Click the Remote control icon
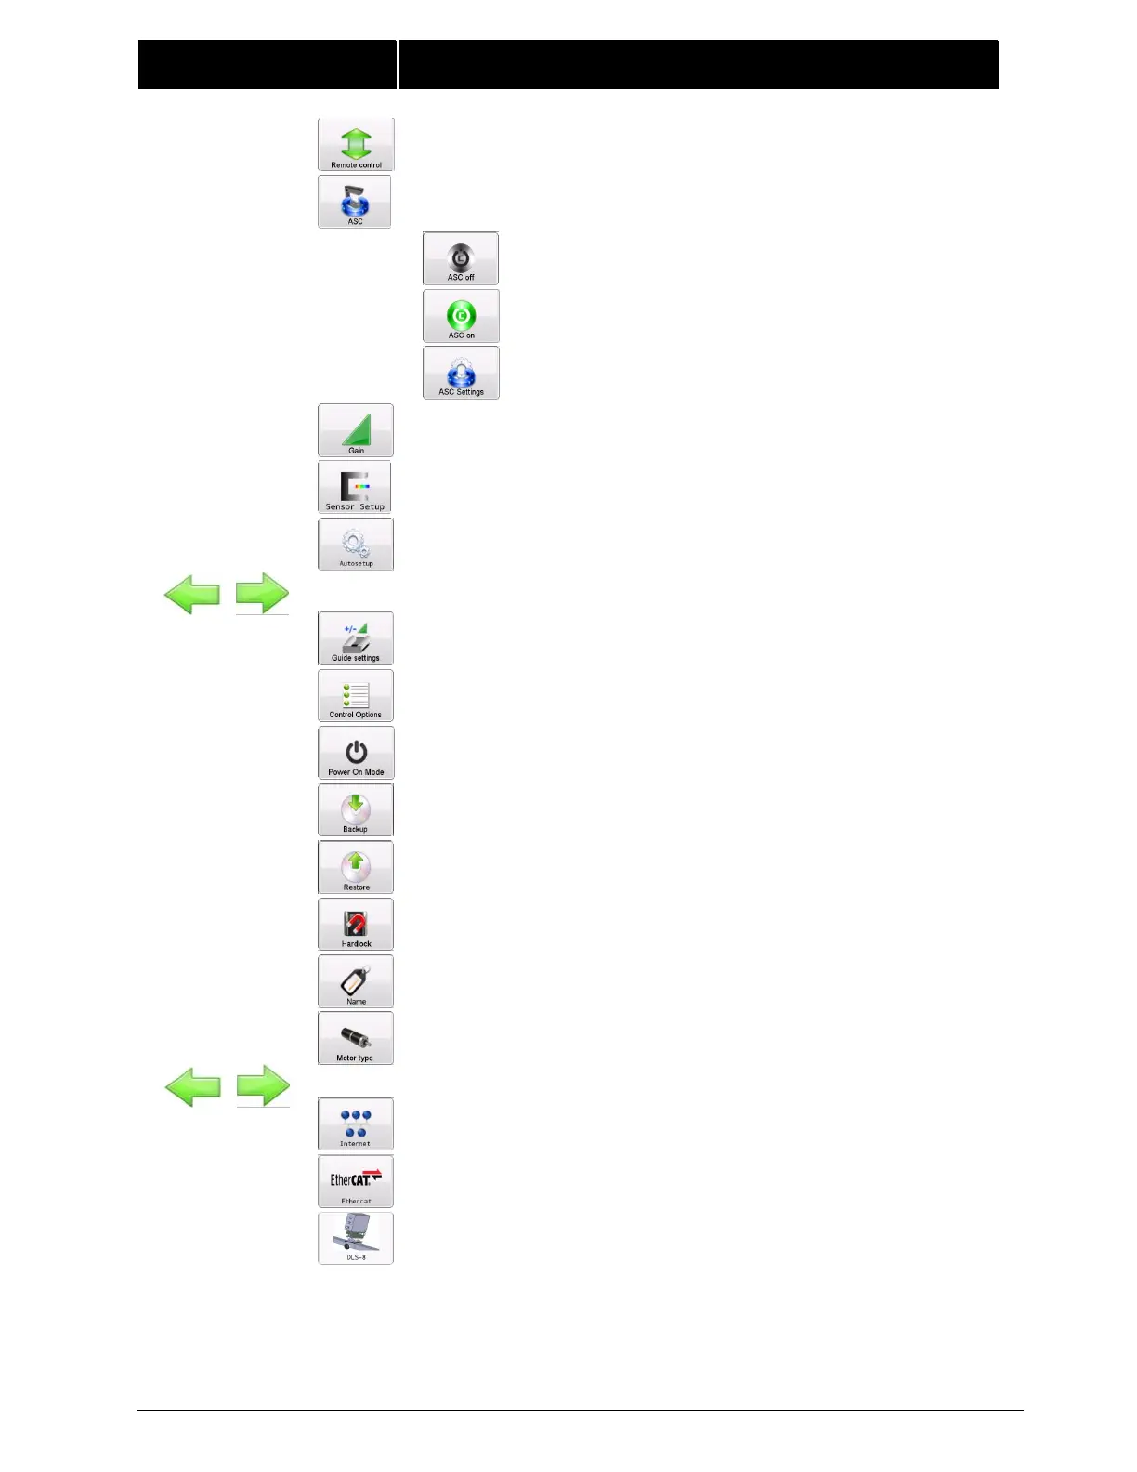click(356, 144)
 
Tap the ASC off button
click(461, 258)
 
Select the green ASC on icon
click(461, 316)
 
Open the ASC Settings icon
click(461, 373)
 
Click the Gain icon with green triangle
click(356, 430)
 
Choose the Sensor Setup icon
click(355, 487)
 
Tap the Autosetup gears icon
click(356, 544)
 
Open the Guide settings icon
click(356, 638)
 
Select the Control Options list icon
click(356, 695)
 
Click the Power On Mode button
click(356, 753)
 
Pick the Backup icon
click(356, 809)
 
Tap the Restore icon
click(356, 867)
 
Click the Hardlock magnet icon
click(356, 924)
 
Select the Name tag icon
click(356, 981)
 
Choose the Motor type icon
click(356, 1038)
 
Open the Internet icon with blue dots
click(356, 1124)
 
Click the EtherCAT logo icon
click(356, 1181)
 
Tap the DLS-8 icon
click(356, 1238)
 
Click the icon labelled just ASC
click(355, 202)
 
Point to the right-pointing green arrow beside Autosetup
click(262, 593)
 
